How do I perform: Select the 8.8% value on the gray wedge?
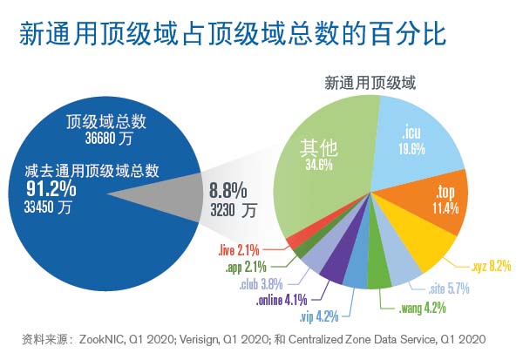(228, 190)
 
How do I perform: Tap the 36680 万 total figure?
(102, 139)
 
